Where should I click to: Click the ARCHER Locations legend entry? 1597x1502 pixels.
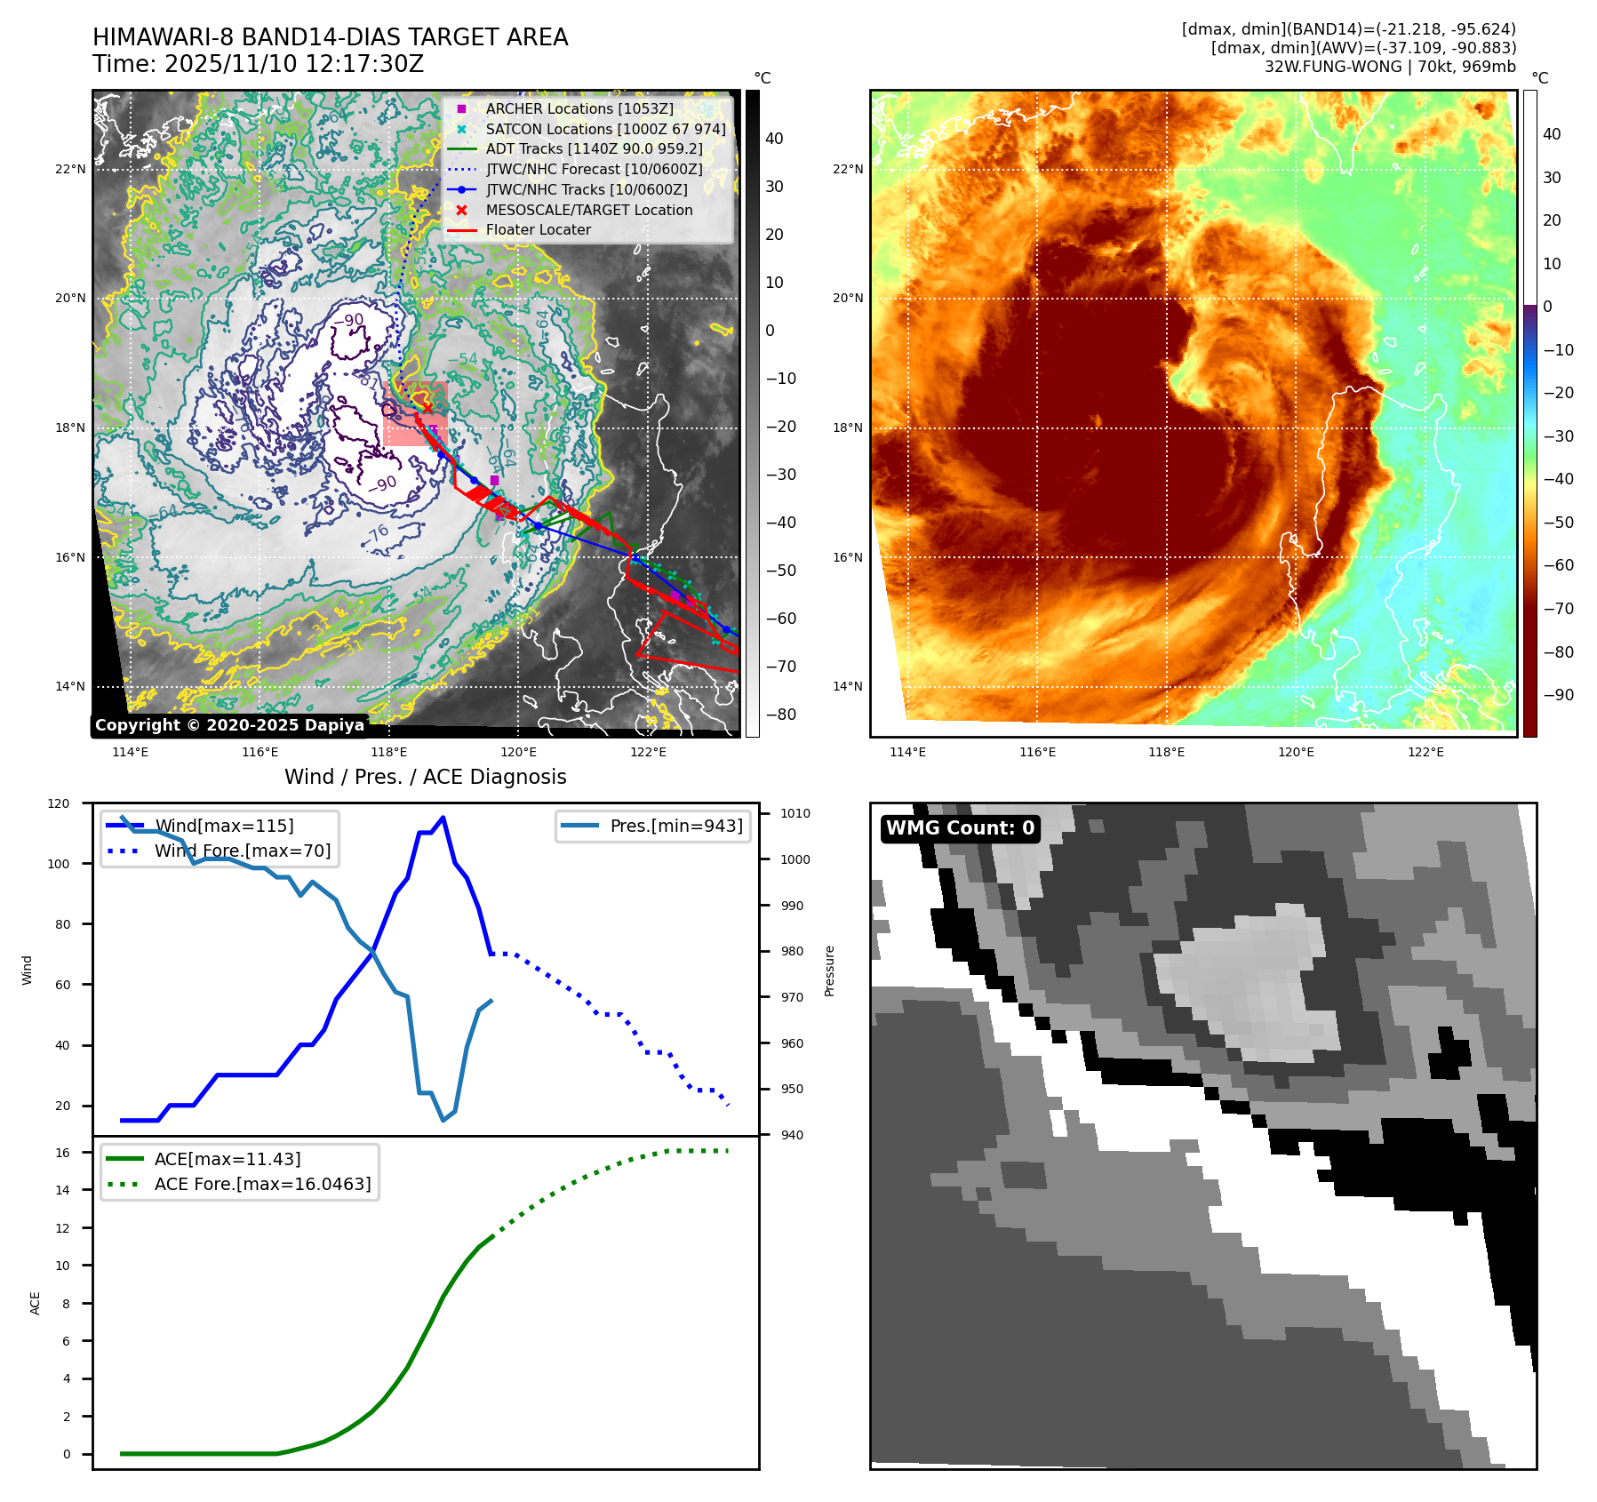tap(579, 108)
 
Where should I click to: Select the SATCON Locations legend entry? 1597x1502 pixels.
tap(605, 129)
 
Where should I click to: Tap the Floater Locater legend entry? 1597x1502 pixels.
tap(538, 229)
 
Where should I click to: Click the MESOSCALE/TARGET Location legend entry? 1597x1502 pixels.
tap(588, 210)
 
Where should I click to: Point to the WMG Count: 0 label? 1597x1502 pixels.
tap(960, 828)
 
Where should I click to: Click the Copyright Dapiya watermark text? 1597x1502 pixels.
tap(229, 725)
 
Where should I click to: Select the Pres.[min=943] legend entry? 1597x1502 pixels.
tap(675, 826)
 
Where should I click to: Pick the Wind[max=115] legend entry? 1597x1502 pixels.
tap(224, 826)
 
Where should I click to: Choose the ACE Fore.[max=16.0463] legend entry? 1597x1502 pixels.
tap(262, 1184)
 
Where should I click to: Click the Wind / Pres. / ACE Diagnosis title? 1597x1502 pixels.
tap(425, 777)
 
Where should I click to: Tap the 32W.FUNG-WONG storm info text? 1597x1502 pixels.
tap(1389, 67)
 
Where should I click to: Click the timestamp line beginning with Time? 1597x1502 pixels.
tap(258, 64)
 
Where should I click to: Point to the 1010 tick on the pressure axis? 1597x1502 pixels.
tap(795, 813)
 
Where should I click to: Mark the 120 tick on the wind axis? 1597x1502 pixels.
tap(59, 803)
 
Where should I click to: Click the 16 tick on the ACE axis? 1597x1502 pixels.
tap(63, 1153)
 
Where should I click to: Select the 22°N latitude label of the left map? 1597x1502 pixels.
tap(70, 169)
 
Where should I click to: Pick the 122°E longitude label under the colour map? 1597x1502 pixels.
tap(1425, 752)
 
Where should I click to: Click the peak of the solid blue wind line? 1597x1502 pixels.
tap(443, 818)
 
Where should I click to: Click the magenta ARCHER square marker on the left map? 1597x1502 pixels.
tap(494, 481)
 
